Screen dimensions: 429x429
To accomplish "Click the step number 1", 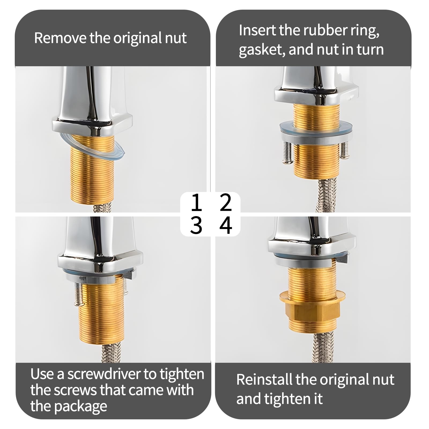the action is coord(197,203).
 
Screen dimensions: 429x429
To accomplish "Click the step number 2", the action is coord(225,203).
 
